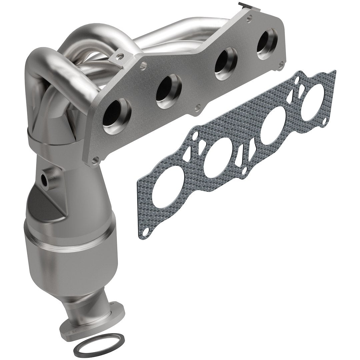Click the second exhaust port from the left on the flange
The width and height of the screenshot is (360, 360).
169,87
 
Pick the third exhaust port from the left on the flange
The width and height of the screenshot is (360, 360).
226,63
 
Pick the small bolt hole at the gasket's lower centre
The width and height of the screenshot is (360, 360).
245,171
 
